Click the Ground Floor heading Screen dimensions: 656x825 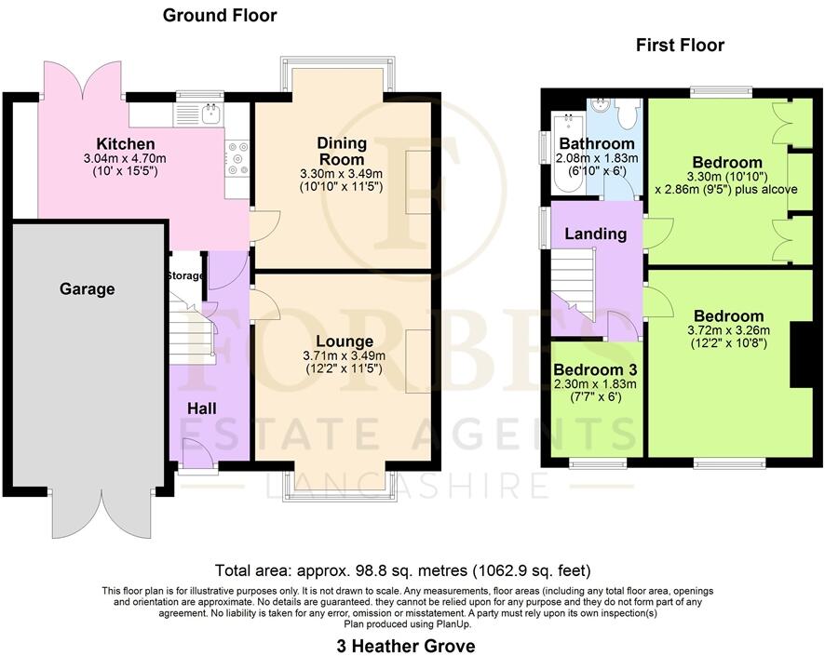[x=220, y=15]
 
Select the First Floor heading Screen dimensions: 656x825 [x=680, y=45]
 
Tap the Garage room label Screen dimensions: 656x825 [x=88, y=289]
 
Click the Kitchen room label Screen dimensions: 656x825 [x=126, y=144]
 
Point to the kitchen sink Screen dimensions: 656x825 [x=210, y=114]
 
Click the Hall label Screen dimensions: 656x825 [x=203, y=408]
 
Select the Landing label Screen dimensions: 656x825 [x=595, y=234]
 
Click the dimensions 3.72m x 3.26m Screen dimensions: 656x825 [x=726, y=332]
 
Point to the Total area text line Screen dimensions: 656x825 [x=402, y=570]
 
